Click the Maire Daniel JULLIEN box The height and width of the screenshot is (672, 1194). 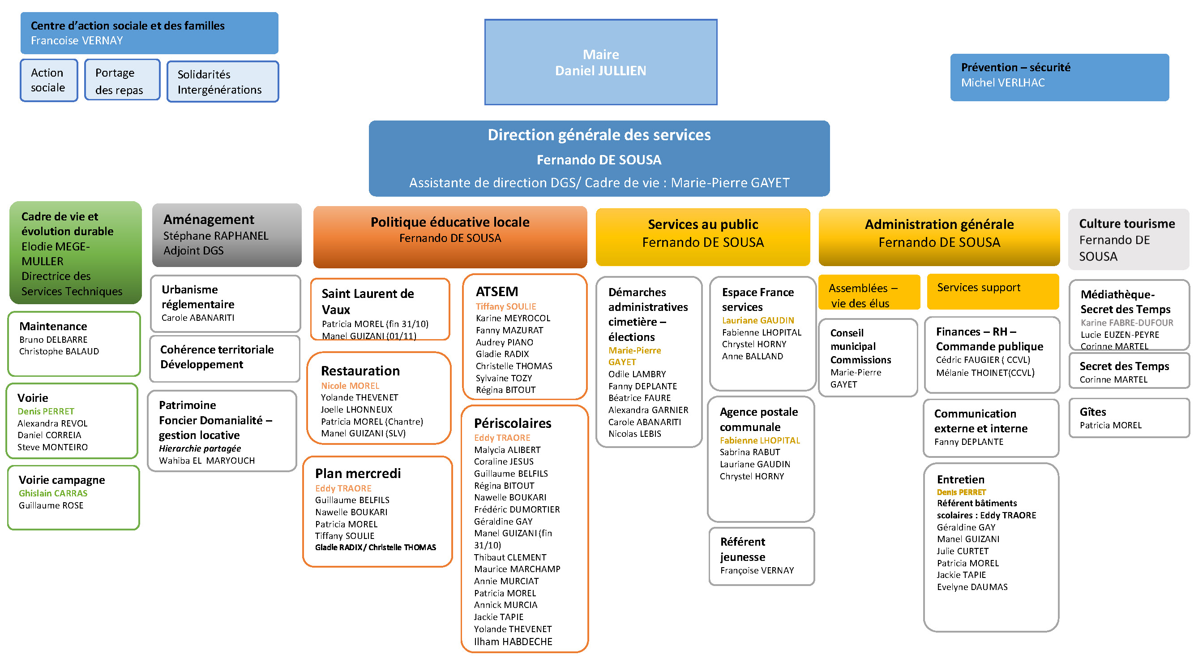click(601, 62)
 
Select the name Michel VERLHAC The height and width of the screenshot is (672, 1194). click(1002, 82)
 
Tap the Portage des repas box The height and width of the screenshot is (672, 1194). click(122, 80)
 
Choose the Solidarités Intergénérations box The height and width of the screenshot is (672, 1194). click(223, 82)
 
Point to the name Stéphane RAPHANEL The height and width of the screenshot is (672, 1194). click(215, 236)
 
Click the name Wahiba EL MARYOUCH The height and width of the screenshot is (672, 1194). click(207, 461)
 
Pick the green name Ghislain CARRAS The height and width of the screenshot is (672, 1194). click(53, 493)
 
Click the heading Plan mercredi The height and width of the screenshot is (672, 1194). click(358, 473)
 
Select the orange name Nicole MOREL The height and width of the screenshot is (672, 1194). click(350, 385)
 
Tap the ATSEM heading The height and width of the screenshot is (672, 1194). click(497, 291)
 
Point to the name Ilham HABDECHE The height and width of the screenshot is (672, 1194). click(513, 642)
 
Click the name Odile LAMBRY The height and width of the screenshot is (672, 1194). click(637, 374)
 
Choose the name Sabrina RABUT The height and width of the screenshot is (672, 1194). click(749, 452)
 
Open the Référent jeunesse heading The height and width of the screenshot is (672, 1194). click(743, 549)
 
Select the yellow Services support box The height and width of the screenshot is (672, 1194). click(993, 291)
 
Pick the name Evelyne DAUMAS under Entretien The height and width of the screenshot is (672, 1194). click(972, 587)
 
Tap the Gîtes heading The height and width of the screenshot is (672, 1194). click(1092, 412)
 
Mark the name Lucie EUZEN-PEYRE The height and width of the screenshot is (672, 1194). click(1119, 334)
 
